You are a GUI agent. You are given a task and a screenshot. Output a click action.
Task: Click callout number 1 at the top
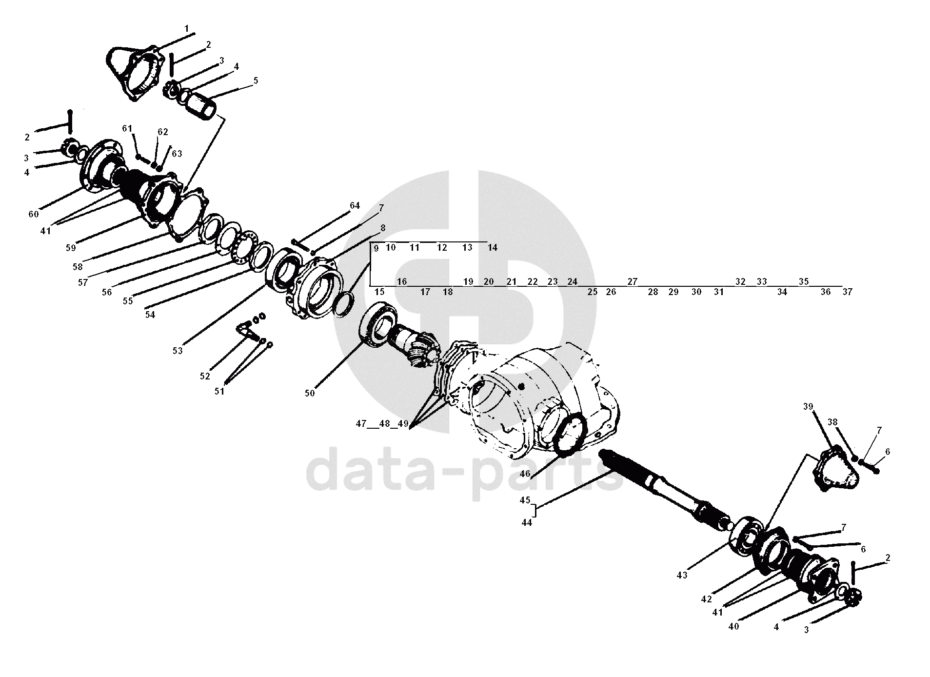tap(186, 29)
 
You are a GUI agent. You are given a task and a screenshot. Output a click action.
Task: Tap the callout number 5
tap(256, 80)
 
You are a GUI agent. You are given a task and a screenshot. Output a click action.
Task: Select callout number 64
tap(355, 206)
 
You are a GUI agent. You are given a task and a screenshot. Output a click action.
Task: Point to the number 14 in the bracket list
tap(493, 248)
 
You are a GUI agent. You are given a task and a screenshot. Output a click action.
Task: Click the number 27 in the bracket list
tap(632, 281)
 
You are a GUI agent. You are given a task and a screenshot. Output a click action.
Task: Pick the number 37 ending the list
tap(847, 292)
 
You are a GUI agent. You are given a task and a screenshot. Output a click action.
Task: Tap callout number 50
tap(310, 393)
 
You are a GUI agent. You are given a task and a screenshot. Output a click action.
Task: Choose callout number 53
tap(177, 350)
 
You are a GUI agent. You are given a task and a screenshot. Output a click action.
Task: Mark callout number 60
tap(33, 214)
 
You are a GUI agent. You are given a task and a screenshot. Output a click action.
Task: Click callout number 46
tap(525, 473)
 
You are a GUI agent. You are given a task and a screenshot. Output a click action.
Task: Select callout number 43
tap(682, 576)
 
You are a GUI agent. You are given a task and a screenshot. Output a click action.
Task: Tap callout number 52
tap(205, 376)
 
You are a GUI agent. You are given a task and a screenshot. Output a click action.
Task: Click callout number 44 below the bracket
tap(527, 522)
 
